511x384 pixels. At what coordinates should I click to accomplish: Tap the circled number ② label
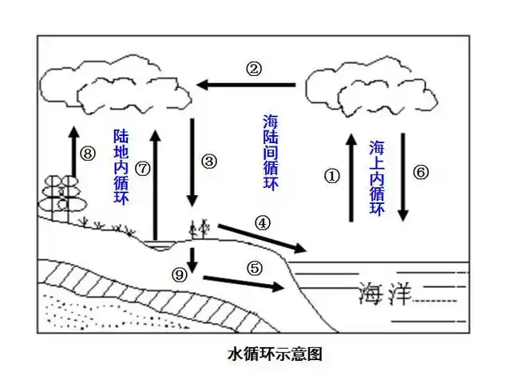pyautogui.click(x=254, y=69)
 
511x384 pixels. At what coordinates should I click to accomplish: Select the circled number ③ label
pyautogui.click(x=209, y=162)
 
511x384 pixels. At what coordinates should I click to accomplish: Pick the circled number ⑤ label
pyautogui.click(x=254, y=268)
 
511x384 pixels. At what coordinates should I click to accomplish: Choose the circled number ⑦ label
pyautogui.click(x=141, y=169)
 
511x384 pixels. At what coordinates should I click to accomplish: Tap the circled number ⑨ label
pyautogui.click(x=180, y=274)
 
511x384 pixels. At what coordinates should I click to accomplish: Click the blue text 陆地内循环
pyautogui.click(x=120, y=166)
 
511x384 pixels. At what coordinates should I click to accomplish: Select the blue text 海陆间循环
pyautogui.click(x=271, y=152)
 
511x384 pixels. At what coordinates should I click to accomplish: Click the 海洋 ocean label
pyautogui.click(x=384, y=294)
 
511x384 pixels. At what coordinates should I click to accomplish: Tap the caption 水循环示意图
pyautogui.click(x=275, y=353)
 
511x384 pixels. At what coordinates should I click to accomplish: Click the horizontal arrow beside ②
pyautogui.click(x=248, y=84)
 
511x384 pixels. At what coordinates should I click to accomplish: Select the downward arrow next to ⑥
pyautogui.click(x=404, y=177)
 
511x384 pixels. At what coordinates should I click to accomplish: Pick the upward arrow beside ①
pyautogui.click(x=350, y=177)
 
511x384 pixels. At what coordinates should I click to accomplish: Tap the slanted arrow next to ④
pyautogui.click(x=262, y=236)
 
